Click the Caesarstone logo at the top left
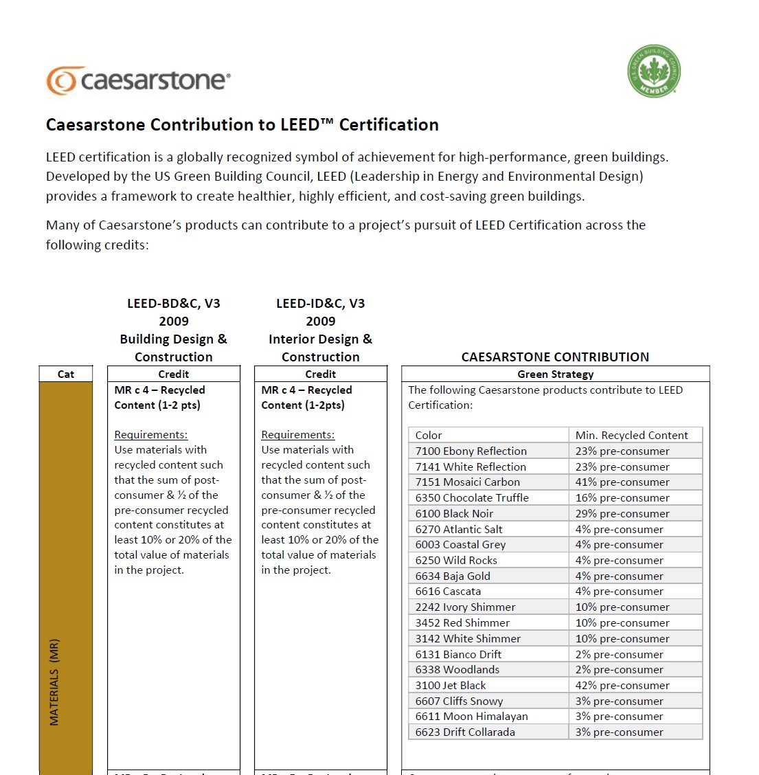pos(138,80)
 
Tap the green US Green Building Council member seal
pos(653,71)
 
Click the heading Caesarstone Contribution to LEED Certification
pos(242,125)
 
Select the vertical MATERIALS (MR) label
pos(54,682)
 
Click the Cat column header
pos(66,374)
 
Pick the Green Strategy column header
pos(555,374)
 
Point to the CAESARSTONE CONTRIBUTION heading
pos(555,357)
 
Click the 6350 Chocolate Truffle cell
pos(472,498)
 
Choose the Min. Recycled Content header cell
pos(631,436)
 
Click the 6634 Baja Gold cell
pos(453,576)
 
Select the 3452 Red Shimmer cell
pos(462,623)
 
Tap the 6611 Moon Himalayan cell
pos(471,717)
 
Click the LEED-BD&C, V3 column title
pos(174,304)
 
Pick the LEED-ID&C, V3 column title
pos(321,304)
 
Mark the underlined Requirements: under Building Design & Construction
pos(150,435)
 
